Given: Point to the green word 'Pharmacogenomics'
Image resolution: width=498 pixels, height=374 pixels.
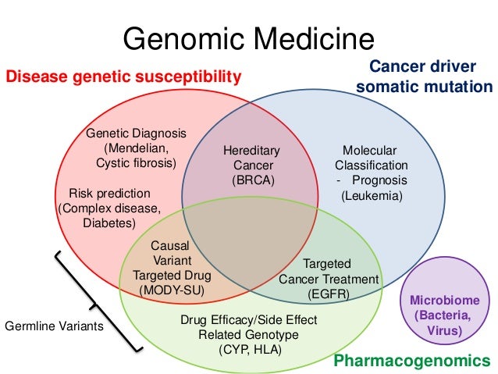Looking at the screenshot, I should tap(412, 360).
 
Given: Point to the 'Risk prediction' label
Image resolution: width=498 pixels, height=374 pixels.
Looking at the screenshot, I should tap(109, 193).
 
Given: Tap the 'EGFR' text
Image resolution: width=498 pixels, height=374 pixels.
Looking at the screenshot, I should tap(328, 294).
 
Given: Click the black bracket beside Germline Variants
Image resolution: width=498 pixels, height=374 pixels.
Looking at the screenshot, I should tap(101, 301).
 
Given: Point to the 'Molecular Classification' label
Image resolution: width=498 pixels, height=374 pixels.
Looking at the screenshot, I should tap(371, 158).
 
